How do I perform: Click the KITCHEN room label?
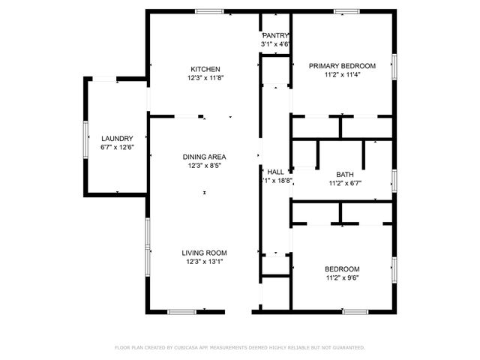[205, 68]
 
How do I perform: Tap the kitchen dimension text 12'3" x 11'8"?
[205, 77]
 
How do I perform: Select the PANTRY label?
[274, 36]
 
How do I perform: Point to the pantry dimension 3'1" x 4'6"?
[274, 44]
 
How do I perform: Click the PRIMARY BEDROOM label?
[342, 66]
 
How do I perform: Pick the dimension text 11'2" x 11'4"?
[342, 75]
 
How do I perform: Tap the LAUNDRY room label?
[117, 138]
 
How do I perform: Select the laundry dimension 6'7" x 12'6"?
[117, 147]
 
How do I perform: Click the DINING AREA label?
[205, 157]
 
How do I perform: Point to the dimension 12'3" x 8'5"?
[205, 166]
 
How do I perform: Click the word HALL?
[275, 172]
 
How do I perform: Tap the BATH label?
[345, 174]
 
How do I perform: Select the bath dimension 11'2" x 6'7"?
[345, 183]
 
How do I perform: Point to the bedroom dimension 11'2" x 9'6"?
[342, 278]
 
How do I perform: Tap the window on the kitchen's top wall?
[208, 11]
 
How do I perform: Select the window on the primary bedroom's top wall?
[346, 11]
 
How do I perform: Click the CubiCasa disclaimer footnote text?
[240, 347]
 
